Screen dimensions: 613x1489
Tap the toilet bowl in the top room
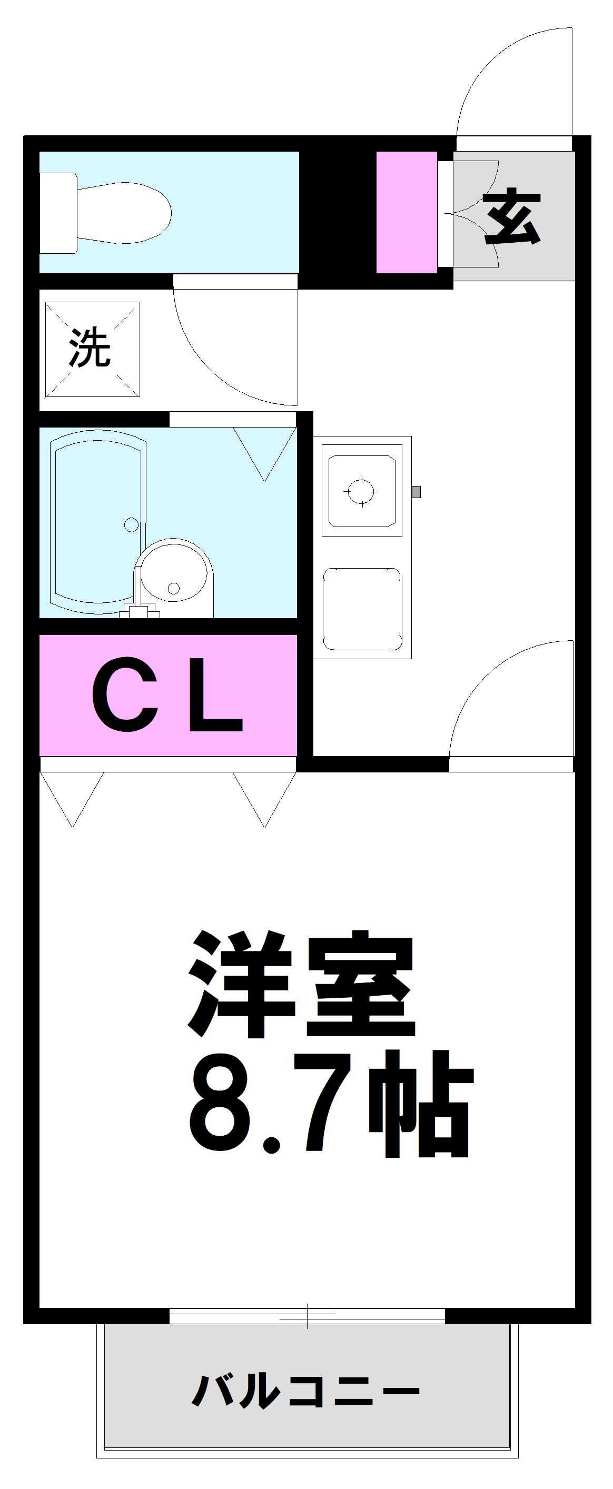pos(124,213)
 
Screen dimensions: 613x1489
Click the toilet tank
pos(58,213)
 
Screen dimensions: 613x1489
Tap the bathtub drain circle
pos(131,525)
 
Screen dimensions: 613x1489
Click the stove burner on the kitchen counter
pos(362,491)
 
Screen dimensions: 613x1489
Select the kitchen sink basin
pos(362,609)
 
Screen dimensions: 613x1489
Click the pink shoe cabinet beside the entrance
pos(407,212)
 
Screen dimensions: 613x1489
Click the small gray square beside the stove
pos(416,492)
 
